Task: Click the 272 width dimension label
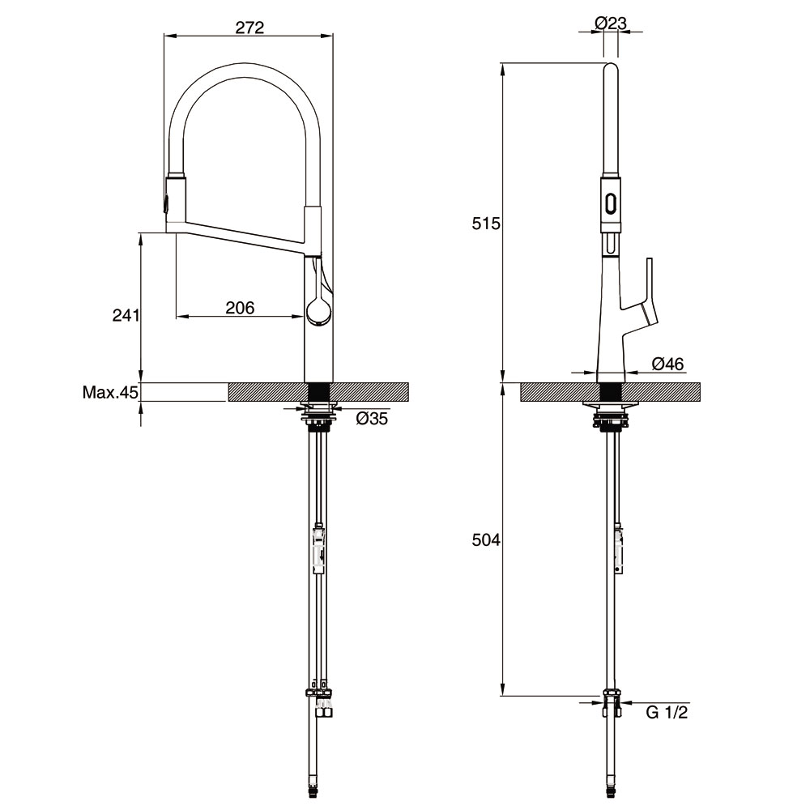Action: (249, 28)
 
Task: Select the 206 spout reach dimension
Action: (241, 308)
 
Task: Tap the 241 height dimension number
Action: (126, 315)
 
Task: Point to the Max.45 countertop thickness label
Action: (110, 393)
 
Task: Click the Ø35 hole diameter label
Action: (372, 418)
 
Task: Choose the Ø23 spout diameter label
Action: (611, 23)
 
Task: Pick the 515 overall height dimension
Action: (486, 224)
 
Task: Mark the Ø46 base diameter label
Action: (668, 364)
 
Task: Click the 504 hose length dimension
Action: (486, 540)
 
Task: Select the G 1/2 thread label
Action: (667, 712)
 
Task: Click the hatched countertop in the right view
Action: (611, 391)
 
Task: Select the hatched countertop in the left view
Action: (318, 391)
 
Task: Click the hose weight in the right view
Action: (618, 550)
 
